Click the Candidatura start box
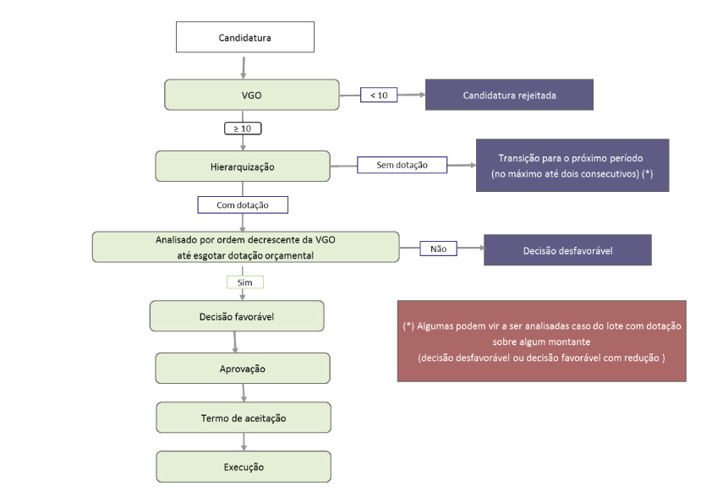click(244, 37)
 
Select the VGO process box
click(251, 95)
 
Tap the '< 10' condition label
click(379, 95)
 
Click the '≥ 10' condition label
click(242, 128)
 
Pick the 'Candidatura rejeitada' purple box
click(509, 95)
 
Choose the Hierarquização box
click(243, 166)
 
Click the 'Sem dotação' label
click(402, 165)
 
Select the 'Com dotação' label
click(243, 205)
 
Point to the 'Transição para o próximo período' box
click(572, 165)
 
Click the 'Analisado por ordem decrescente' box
click(244, 246)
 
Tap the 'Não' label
click(438, 249)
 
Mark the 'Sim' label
click(244, 282)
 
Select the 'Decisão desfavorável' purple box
click(567, 249)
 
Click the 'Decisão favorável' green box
click(237, 316)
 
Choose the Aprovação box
click(243, 369)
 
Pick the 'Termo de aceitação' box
click(243, 418)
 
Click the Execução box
click(244, 467)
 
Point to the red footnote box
click(541, 341)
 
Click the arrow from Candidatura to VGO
click(244, 66)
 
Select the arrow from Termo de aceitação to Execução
click(244, 441)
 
